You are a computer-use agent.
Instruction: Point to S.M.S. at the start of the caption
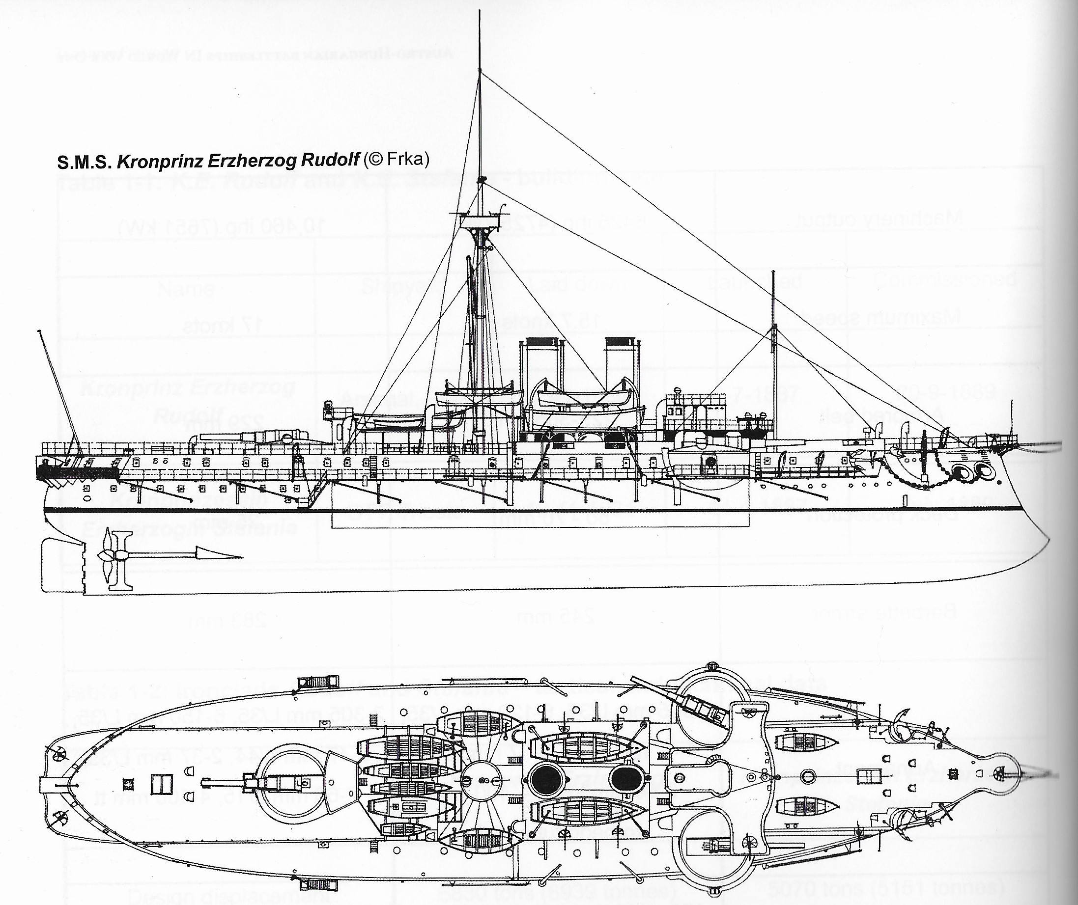pos(83,162)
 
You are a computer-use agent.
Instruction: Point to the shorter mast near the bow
pos(773,354)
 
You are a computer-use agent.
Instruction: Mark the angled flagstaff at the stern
pos(57,390)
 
